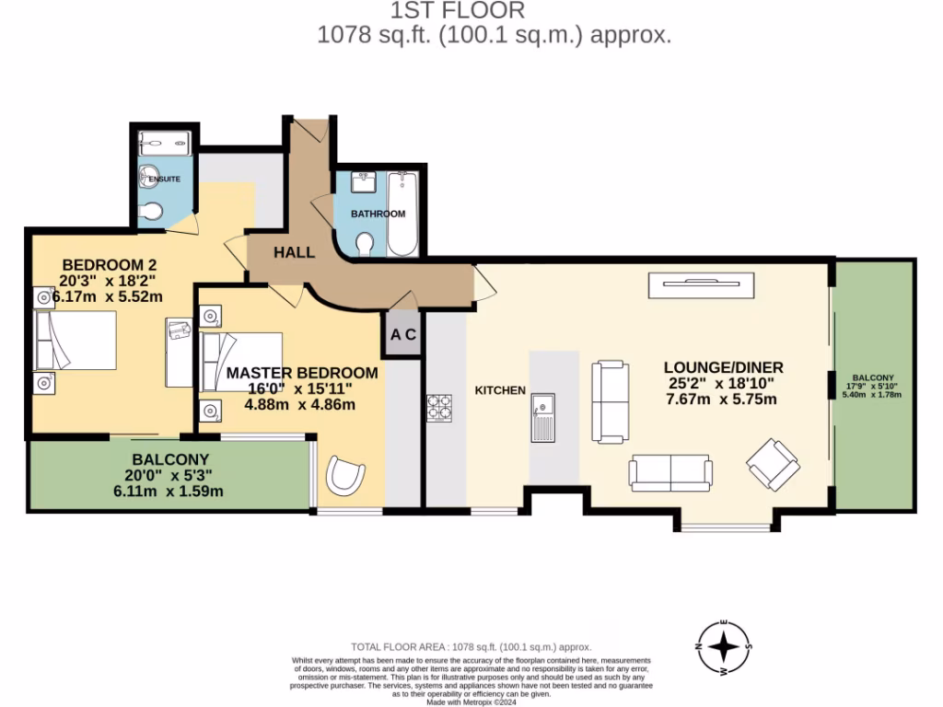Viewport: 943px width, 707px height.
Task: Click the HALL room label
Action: pyautogui.click(x=295, y=252)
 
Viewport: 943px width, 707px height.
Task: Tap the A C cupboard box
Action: pyautogui.click(x=403, y=335)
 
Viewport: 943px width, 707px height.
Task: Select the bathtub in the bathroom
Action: pyautogui.click(x=402, y=214)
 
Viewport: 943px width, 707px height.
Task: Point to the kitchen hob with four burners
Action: pyautogui.click(x=438, y=408)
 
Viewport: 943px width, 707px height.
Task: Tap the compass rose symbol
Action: pyautogui.click(x=725, y=647)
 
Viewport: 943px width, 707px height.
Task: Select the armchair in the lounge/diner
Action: pyautogui.click(x=773, y=463)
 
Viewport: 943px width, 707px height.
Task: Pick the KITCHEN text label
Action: pyautogui.click(x=500, y=390)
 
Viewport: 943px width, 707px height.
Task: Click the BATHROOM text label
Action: pyautogui.click(x=378, y=214)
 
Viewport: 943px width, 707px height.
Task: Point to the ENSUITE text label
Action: pyautogui.click(x=164, y=179)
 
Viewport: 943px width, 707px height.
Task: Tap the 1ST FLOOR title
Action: pyautogui.click(x=458, y=11)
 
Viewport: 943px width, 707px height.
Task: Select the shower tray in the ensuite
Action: pyautogui.click(x=165, y=143)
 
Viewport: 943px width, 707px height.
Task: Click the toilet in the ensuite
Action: pyautogui.click(x=152, y=213)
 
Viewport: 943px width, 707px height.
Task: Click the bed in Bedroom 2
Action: pyautogui.click(x=76, y=340)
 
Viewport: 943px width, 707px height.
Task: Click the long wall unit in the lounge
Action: pyautogui.click(x=702, y=285)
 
